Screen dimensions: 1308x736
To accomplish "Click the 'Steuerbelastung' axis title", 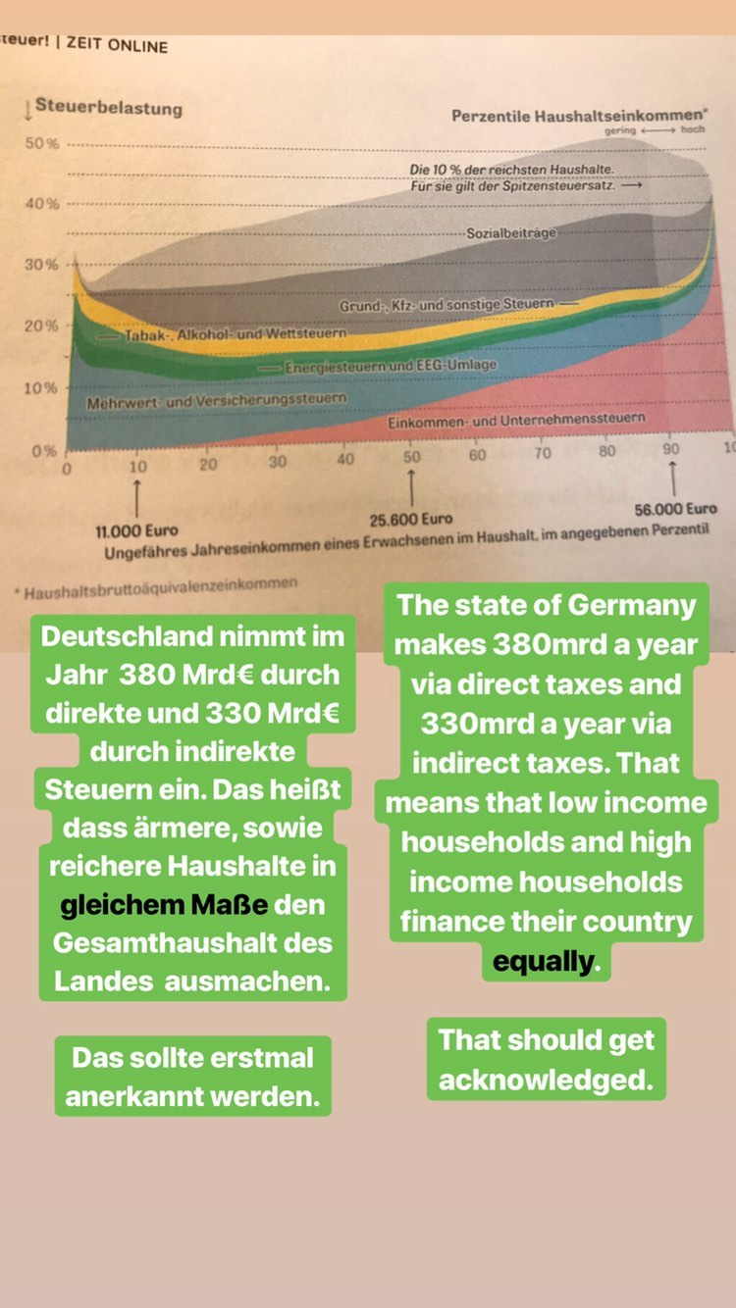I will pyautogui.click(x=108, y=108).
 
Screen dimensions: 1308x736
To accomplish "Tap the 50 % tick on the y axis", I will pyautogui.click(x=42, y=143).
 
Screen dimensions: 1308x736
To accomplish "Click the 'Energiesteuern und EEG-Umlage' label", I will pyautogui.click(x=391, y=366).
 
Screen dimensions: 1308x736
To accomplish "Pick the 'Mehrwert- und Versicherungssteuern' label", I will pyautogui.click(x=216, y=400).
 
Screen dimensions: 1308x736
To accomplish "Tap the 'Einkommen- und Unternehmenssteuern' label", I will pyautogui.click(x=516, y=419).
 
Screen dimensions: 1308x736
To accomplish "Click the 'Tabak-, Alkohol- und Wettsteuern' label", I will pyautogui.click(x=236, y=334).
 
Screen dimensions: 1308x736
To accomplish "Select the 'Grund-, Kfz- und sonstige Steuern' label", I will pyautogui.click(x=447, y=306).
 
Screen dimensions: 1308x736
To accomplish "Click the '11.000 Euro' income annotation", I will pyautogui.click(x=136, y=531).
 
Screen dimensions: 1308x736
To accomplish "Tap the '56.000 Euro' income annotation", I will pyautogui.click(x=676, y=509).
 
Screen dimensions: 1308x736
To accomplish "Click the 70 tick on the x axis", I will pyautogui.click(x=543, y=453).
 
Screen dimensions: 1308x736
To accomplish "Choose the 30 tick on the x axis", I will pyautogui.click(x=278, y=462).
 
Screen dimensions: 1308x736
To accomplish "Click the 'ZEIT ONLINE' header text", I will pyautogui.click(x=117, y=45).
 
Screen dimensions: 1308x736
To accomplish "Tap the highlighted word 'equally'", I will pyautogui.click(x=543, y=962).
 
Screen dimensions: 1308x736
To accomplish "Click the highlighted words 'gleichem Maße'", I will pyautogui.click(x=164, y=904).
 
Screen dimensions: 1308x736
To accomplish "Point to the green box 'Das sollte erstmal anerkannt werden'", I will pyautogui.click(x=192, y=1077).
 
